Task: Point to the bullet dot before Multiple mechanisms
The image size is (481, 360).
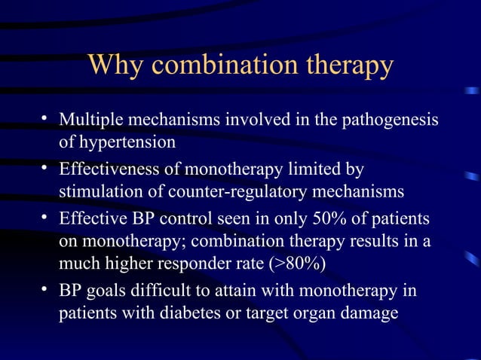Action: click(45, 120)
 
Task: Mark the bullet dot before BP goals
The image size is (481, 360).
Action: click(45, 290)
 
